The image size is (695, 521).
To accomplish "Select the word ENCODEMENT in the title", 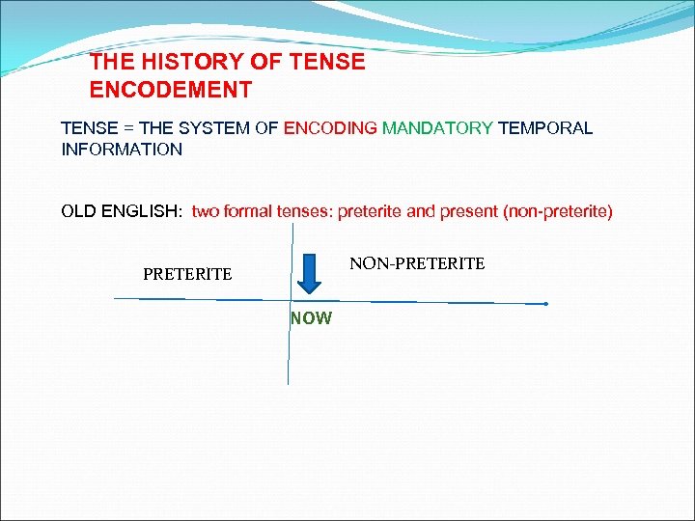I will click(171, 91).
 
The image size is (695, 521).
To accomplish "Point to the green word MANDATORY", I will click(437, 128).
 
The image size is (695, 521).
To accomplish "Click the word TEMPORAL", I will click(545, 128).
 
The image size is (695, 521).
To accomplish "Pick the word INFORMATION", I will click(122, 150).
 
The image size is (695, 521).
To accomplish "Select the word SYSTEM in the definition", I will click(217, 128).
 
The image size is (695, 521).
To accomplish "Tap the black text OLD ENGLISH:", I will click(122, 211).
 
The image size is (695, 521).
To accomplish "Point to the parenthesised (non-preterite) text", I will click(558, 211).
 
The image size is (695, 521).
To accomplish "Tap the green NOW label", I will click(311, 318).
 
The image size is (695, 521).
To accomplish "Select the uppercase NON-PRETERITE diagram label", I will click(417, 263).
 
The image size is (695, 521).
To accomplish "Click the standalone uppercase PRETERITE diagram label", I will click(187, 275).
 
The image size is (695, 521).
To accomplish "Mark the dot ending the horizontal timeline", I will click(545, 304).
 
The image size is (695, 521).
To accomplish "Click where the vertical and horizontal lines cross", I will click(290, 300).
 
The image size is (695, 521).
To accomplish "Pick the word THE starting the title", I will click(108, 63).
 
